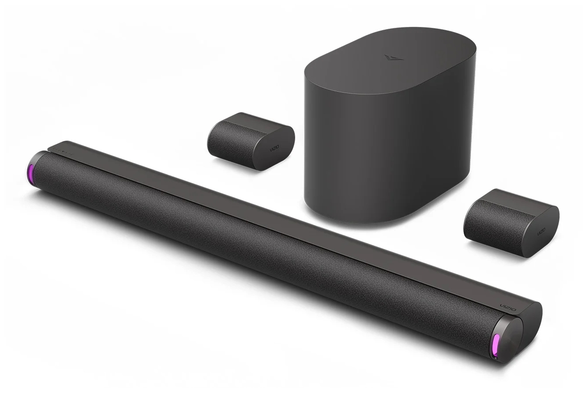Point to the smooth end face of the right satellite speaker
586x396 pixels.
545,225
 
